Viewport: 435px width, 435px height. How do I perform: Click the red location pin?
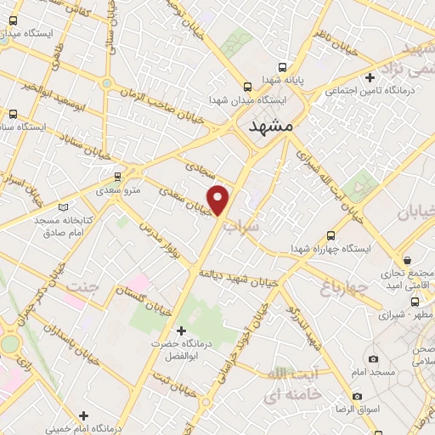pos(219,199)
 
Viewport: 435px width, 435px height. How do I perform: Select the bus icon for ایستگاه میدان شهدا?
pos(246,87)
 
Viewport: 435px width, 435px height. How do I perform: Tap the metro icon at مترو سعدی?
pos(117,178)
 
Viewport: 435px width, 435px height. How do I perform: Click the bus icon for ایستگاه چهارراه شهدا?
pos(330,235)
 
